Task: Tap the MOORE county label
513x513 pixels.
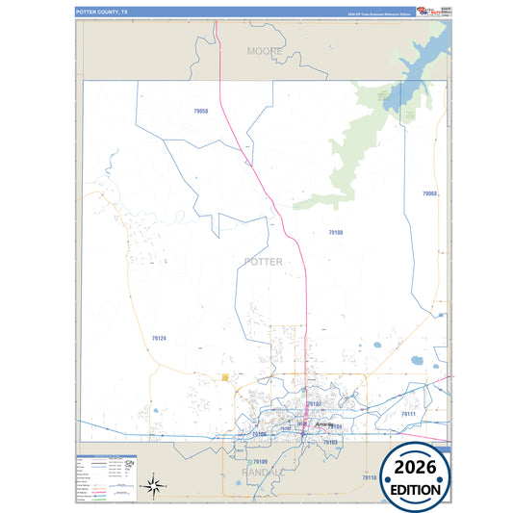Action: pyautogui.click(x=265, y=49)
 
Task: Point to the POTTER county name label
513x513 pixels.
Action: pyautogui.click(x=264, y=261)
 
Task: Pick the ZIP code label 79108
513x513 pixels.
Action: pyautogui.click(x=335, y=232)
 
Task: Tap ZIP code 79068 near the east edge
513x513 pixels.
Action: pyautogui.click(x=429, y=193)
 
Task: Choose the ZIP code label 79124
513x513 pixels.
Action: pyautogui.click(x=159, y=338)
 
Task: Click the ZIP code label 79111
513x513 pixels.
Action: pyautogui.click(x=407, y=414)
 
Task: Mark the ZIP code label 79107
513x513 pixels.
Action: pyautogui.click(x=313, y=404)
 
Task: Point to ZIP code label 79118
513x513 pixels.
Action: pyautogui.click(x=370, y=477)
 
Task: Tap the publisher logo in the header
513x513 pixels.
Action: pyautogui.click(x=424, y=12)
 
